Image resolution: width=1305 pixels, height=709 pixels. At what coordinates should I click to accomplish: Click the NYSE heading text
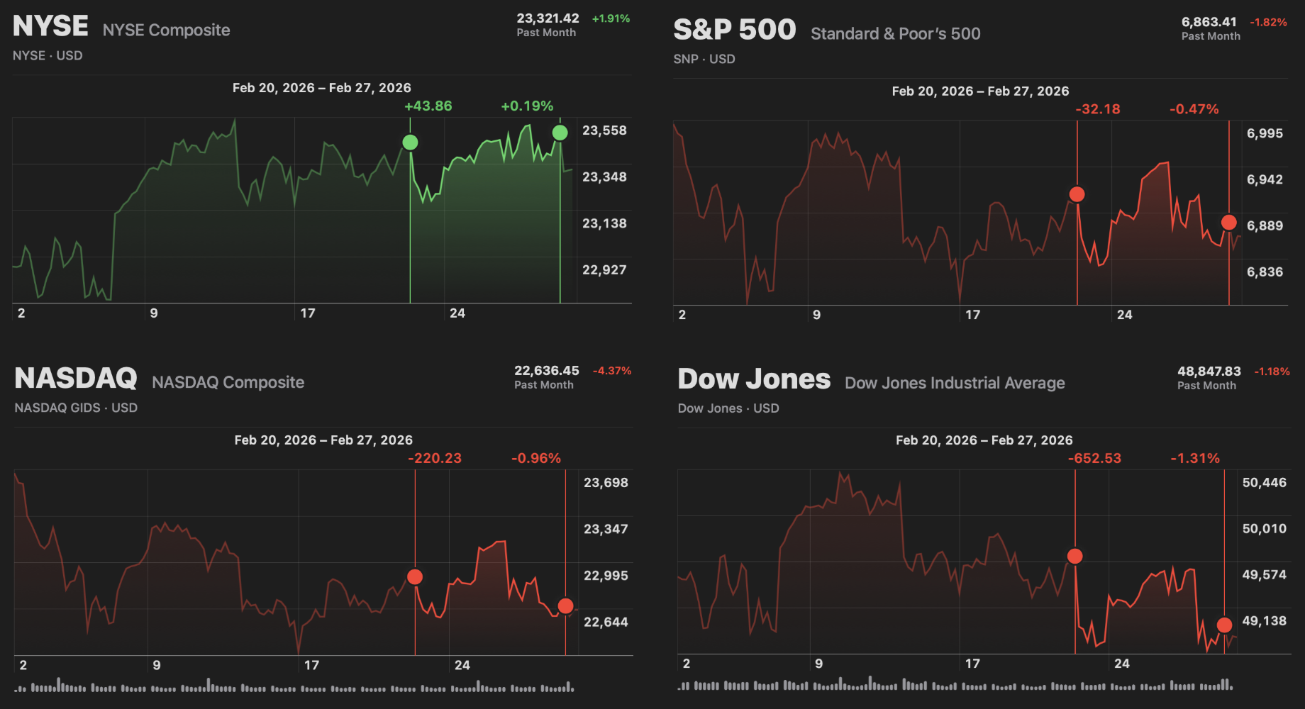click(50, 26)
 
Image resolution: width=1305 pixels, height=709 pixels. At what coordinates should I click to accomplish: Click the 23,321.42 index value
click(548, 18)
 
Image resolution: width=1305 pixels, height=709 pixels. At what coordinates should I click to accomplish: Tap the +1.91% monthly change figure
click(611, 18)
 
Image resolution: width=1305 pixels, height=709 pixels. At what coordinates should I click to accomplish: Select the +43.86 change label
click(428, 106)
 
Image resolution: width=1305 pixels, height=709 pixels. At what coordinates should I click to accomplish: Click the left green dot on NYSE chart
click(410, 143)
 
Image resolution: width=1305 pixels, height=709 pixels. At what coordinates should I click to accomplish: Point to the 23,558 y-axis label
click(604, 130)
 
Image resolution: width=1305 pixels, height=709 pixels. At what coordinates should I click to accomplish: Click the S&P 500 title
click(734, 30)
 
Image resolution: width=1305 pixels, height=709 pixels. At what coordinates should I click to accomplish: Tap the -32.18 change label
click(1097, 109)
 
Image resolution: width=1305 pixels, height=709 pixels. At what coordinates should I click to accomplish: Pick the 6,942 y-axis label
click(1265, 179)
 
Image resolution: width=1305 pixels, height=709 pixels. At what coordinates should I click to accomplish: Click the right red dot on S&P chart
click(1229, 223)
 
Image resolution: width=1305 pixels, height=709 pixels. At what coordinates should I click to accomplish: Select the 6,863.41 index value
click(1209, 22)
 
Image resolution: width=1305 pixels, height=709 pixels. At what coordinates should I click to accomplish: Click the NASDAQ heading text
click(76, 379)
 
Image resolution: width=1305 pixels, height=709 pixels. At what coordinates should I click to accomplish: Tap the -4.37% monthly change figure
click(611, 371)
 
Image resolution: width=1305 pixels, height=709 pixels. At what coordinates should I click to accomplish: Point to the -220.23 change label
click(434, 459)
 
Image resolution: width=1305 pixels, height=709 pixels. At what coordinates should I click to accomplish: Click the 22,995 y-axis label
click(606, 576)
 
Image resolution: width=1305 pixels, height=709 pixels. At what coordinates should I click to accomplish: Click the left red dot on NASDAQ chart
click(415, 577)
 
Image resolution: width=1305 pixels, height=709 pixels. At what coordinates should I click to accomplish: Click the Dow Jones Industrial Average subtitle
click(955, 384)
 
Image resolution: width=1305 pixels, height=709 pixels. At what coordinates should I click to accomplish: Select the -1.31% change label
click(1194, 459)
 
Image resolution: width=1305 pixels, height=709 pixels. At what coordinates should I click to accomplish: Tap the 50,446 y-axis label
click(1264, 483)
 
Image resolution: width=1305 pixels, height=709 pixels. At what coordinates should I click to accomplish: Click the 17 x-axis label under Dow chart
click(972, 664)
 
